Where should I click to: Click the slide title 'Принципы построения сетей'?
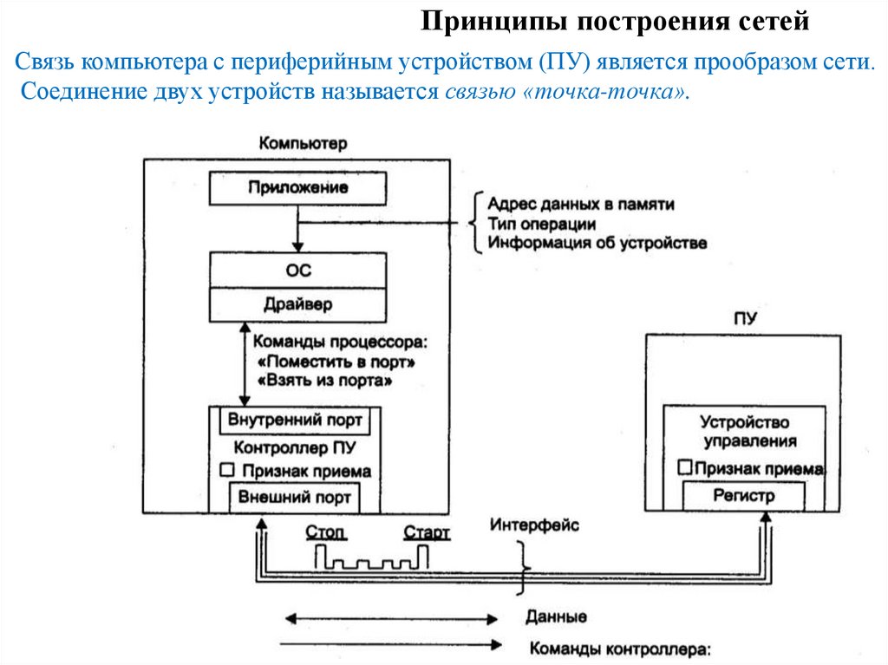point(616,21)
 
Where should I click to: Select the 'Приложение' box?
point(297,187)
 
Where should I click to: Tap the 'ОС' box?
point(297,271)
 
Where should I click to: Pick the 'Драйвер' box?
point(297,305)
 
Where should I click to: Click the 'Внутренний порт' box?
point(295,421)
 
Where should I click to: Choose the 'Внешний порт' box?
point(295,498)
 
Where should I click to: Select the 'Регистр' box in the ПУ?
point(743,496)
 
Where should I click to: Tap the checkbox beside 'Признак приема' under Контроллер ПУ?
point(227,470)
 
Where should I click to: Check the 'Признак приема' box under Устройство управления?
point(684,467)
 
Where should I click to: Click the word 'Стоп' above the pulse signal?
point(327,531)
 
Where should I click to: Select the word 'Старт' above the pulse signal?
point(427,531)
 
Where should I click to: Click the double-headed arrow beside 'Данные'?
point(392,619)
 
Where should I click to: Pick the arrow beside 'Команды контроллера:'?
point(392,644)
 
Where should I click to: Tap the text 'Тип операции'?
point(541,224)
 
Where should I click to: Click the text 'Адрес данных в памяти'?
point(580,205)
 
